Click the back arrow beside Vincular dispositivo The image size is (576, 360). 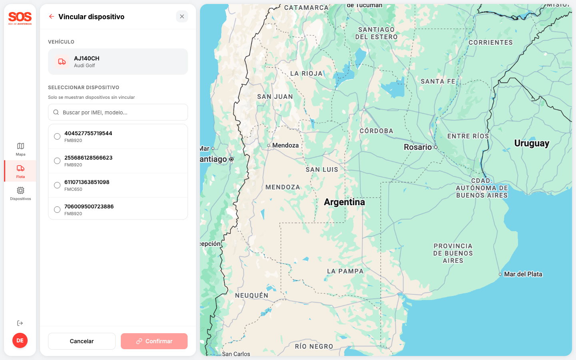(x=52, y=16)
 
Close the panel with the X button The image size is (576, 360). (x=182, y=16)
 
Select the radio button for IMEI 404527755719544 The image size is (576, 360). (x=57, y=136)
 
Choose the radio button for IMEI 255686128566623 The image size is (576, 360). (x=57, y=161)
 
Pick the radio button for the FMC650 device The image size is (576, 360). (x=57, y=185)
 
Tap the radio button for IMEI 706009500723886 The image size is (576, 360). (x=57, y=210)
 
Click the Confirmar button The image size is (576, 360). (x=154, y=341)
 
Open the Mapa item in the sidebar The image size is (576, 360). (x=20, y=149)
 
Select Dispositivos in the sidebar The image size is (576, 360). (x=20, y=193)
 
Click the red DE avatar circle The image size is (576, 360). (x=20, y=340)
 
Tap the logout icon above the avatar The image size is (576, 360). (x=20, y=323)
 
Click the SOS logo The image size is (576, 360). (x=20, y=18)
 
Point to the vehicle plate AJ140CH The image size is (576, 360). (x=87, y=58)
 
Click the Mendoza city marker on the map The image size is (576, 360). (x=269, y=146)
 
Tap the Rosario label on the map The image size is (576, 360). (x=418, y=147)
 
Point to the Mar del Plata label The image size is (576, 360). (x=523, y=274)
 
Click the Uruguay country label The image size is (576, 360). (x=532, y=143)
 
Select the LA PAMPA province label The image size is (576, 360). (x=345, y=271)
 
